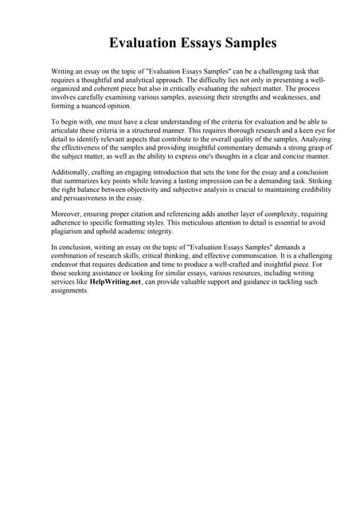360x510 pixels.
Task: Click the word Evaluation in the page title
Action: pyautogui.click(x=144, y=42)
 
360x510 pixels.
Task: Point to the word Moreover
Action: pyautogui.click(x=67, y=215)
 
